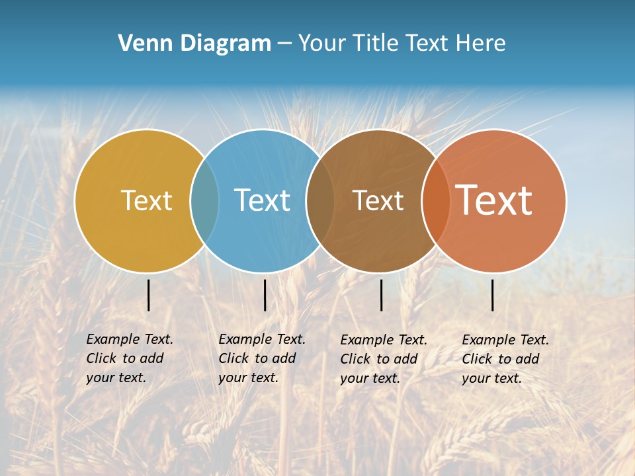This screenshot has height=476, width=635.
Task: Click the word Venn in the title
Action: point(140,44)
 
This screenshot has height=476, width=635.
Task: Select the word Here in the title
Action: point(481,44)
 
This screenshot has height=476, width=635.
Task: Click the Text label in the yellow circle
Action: point(146,200)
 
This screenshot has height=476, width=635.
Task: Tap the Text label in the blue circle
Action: point(263,200)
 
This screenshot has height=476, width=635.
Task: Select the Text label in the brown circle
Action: point(378,200)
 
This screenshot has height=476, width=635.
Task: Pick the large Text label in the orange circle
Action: point(494,200)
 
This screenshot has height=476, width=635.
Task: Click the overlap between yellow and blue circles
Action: point(204,200)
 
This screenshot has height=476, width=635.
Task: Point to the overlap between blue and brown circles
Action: point(320,200)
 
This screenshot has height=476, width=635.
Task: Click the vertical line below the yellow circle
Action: point(149,295)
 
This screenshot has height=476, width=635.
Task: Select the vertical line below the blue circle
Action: point(265,295)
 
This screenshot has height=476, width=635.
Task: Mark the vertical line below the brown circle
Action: point(381,295)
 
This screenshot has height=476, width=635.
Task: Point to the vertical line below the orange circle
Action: point(493,295)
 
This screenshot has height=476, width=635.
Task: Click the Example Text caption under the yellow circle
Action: point(129,358)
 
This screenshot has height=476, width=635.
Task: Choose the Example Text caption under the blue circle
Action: point(261,358)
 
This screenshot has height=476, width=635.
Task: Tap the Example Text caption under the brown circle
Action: point(383,359)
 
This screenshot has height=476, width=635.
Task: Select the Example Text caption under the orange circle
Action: point(505,359)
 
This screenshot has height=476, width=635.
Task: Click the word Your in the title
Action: point(321,44)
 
